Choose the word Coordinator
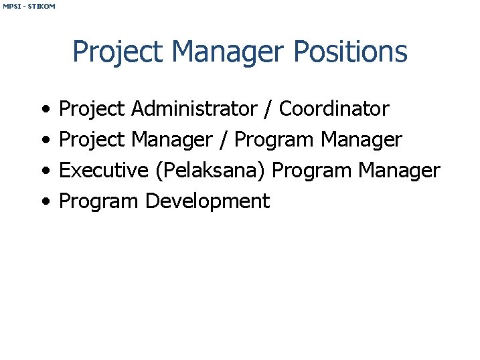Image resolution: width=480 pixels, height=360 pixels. click(x=334, y=108)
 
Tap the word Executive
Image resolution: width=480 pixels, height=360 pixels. click(x=103, y=170)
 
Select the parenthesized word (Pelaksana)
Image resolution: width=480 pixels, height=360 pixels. click(x=211, y=170)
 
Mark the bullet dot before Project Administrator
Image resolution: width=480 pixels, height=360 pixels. click(x=44, y=109)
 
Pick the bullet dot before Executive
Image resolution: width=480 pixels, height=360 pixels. click(x=44, y=171)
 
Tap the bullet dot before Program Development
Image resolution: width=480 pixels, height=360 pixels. click(x=44, y=202)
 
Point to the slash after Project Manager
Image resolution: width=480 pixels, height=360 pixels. click(x=224, y=139)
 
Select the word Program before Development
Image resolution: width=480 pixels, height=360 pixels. click(x=99, y=201)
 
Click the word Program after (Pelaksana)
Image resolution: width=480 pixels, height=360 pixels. click(x=312, y=170)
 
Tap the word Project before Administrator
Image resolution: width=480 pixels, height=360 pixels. click(x=92, y=108)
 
